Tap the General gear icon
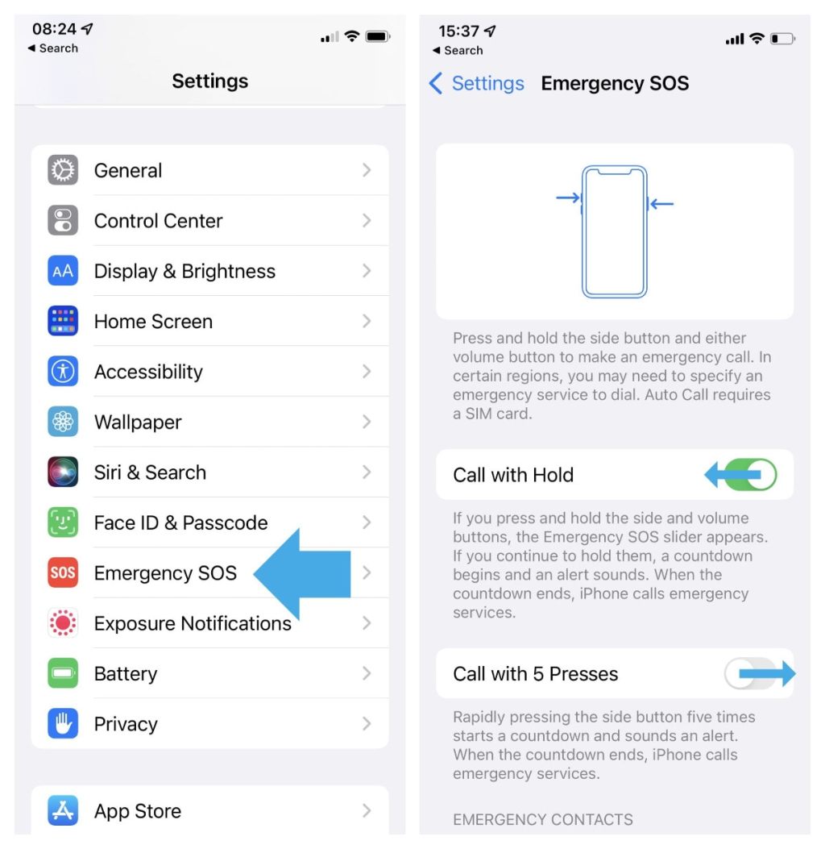[x=63, y=170]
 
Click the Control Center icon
[x=63, y=221]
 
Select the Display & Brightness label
[x=184, y=271]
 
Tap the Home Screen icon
[x=63, y=322]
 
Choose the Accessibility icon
[x=63, y=372]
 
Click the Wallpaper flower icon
[x=63, y=422]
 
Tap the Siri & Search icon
[x=63, y=472]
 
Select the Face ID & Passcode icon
[x=63, y=522]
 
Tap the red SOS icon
[x=63, y=573]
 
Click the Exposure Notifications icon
[x=63, y=623]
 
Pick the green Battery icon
[x=63, y=673]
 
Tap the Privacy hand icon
[x=63, y=724]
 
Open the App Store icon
[x=63, y=811]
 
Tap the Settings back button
[x=476, y=83]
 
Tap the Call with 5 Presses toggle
[x=750, y=673]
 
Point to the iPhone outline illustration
[x=615, y=231]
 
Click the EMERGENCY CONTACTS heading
[x=542, y=819]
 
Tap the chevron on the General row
[x=367, y=170]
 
